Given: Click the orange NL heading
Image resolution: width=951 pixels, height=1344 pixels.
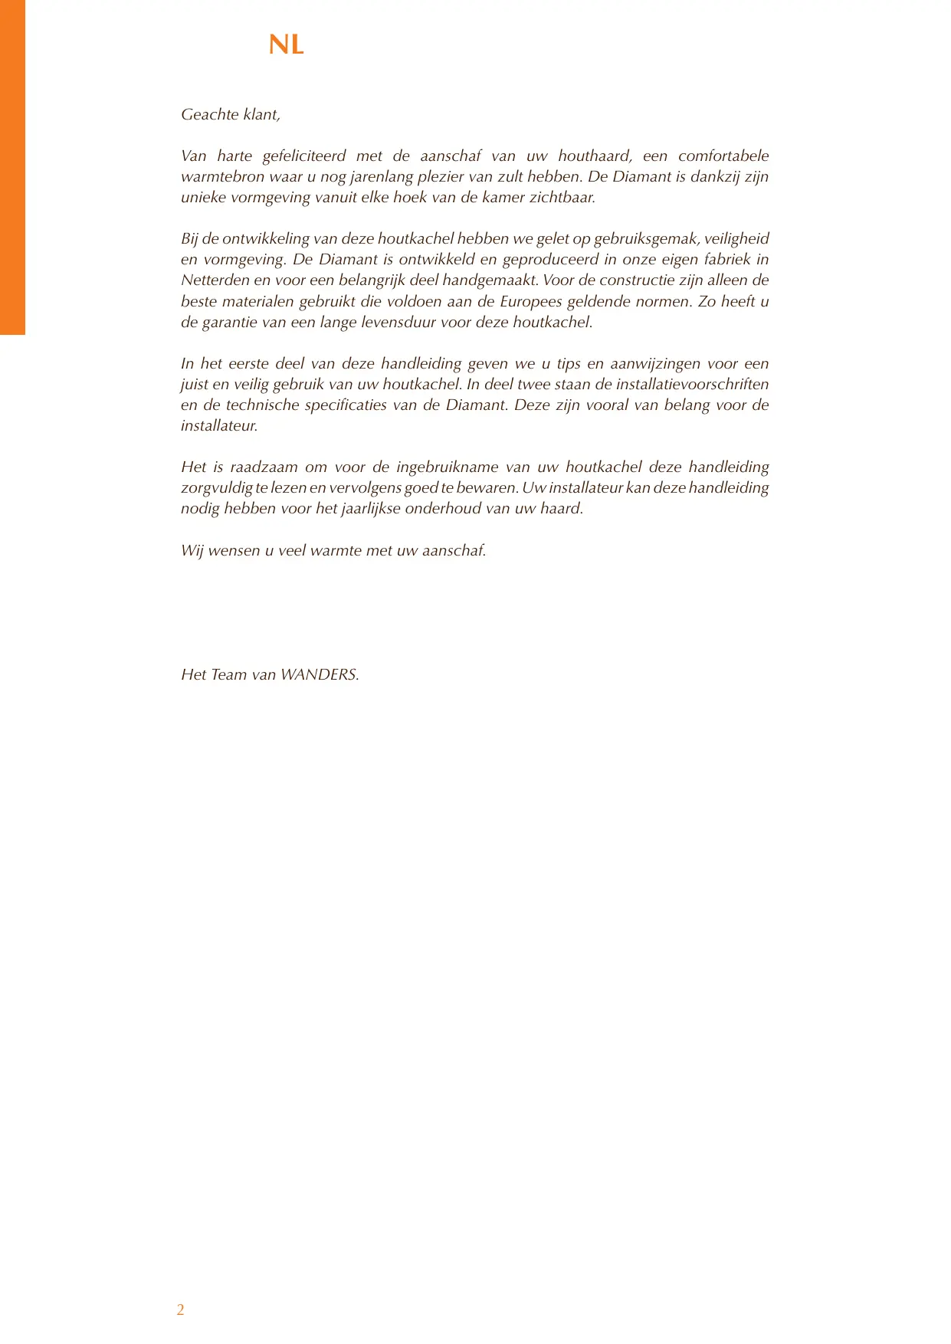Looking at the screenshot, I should [287, 45].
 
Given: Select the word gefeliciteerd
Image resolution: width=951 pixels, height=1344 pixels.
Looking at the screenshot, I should [304, 156].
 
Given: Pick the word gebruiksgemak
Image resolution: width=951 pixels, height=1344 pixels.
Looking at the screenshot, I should [645, 239].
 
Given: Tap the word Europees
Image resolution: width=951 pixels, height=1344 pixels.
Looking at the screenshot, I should [530, 302].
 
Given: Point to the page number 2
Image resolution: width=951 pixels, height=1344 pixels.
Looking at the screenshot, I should [180, 1310].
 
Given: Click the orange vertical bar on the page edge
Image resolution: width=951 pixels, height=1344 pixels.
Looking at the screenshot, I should [12, 167].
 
